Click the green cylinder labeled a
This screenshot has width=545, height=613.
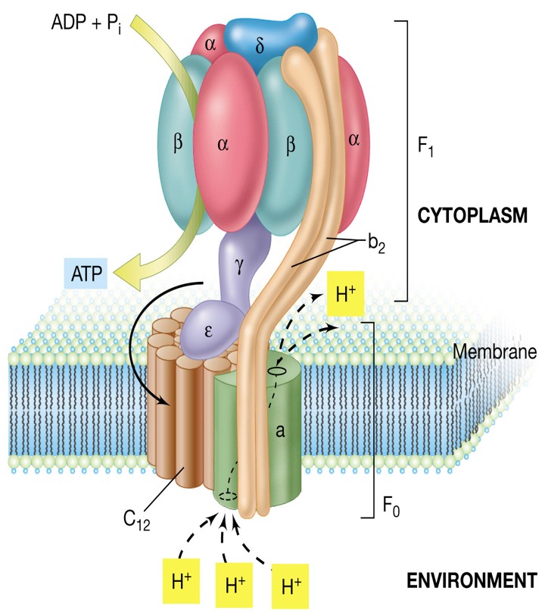pos(280,432)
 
